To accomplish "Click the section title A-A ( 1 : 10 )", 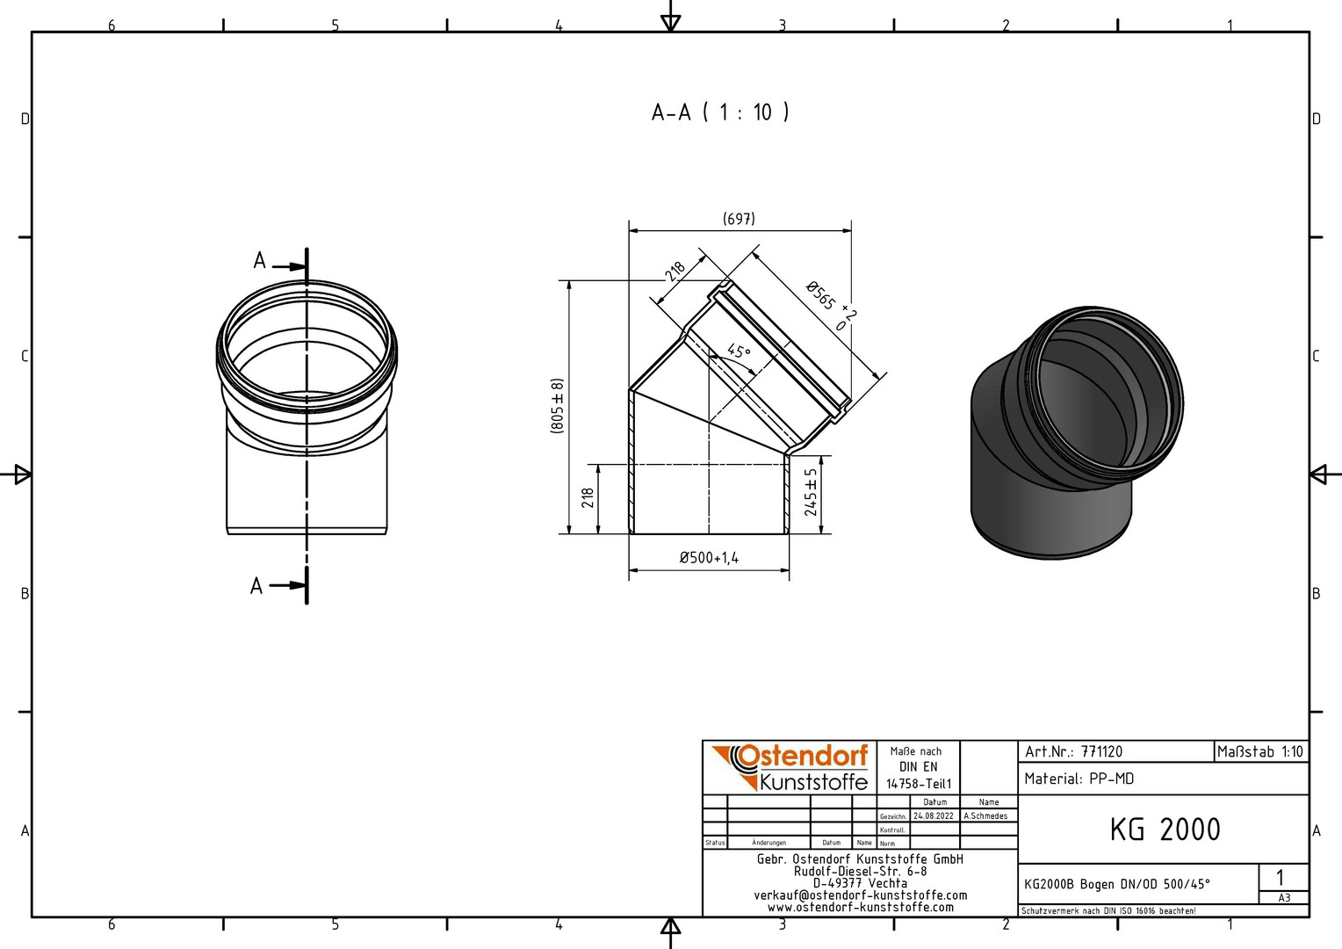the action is click(720, 112).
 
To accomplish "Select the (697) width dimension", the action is click(739, 219).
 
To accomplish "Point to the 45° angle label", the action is click(739, 351).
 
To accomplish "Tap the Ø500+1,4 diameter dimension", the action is click(709, 557).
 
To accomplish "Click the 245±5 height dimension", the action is click(811, 493).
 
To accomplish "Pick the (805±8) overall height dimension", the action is click(557, 407).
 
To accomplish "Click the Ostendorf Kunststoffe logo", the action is click(790, 767).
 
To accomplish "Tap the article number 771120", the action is click(1101, 751).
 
